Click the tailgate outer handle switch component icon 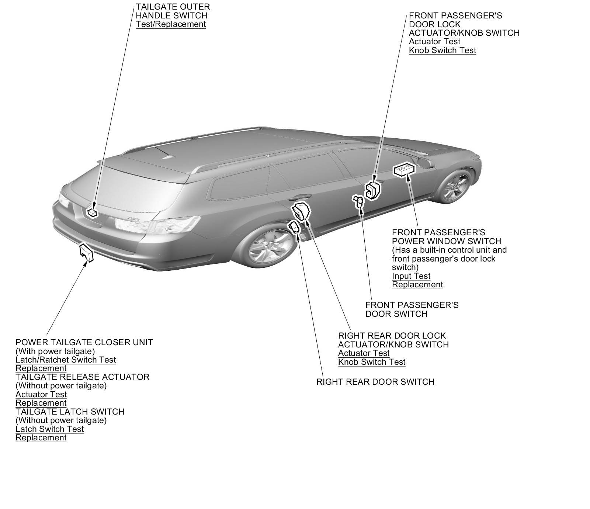[91, 212]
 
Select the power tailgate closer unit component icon [87, 253]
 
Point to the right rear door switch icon [295, 228]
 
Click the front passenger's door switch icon [358, 201]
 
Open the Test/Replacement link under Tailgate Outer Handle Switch [171, 24]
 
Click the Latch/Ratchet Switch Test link [66, 360]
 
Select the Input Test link [411, 276]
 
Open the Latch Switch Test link [49, 429]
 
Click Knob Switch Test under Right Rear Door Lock [372, 362]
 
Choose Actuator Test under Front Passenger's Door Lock [434, 42]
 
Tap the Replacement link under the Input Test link [417, 285]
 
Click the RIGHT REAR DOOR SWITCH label [375, 382]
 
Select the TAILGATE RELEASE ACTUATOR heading [82, 377]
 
